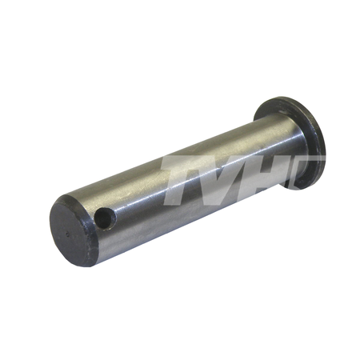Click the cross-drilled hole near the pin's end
pos(106,218)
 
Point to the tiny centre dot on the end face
pos(67,234)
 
